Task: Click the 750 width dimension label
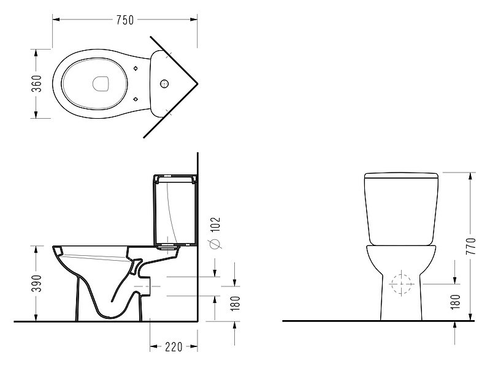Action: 125,20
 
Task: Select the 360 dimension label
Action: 37,84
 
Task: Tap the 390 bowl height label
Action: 37,283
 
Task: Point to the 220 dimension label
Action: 174,346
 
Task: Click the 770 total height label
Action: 470,246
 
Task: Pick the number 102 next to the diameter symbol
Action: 216,225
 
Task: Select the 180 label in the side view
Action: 235,304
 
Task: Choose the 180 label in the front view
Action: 456,302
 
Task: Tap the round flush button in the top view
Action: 164,84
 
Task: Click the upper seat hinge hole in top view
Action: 136,69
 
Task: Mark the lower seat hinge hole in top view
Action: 136,99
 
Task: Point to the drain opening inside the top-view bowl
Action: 101,84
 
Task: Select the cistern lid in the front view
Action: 401,175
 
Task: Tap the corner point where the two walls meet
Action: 197,84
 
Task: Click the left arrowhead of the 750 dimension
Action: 56,20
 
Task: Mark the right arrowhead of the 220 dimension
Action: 194,346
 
